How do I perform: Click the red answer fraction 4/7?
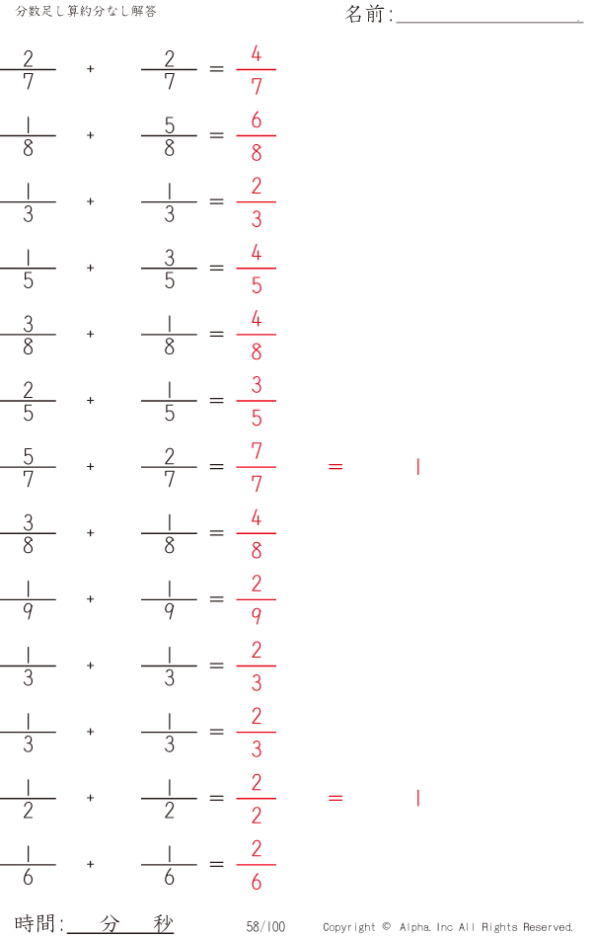point(256,70)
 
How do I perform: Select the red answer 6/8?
point(256,136)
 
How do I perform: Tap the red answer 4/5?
point(256,269)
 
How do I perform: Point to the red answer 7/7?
point(256,467)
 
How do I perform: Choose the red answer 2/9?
point(256,599)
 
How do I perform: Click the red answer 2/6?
point(256,864)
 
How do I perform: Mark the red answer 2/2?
point(256,799)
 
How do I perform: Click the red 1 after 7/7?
point(418,467)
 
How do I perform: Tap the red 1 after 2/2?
point(418,798)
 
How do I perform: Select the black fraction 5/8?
point(170,136)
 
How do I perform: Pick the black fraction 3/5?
point(170,269)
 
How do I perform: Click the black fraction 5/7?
point(28,467)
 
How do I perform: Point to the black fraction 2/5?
point(28,401)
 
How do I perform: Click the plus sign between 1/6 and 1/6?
point(91,864)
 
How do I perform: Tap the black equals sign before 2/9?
point(216,599)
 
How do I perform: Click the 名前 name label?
point(364,14)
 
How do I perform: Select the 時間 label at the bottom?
point(36,923)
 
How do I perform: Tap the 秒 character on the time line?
point(163,923)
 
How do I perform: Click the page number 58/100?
point(265,926)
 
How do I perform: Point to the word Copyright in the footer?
point(349,927)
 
